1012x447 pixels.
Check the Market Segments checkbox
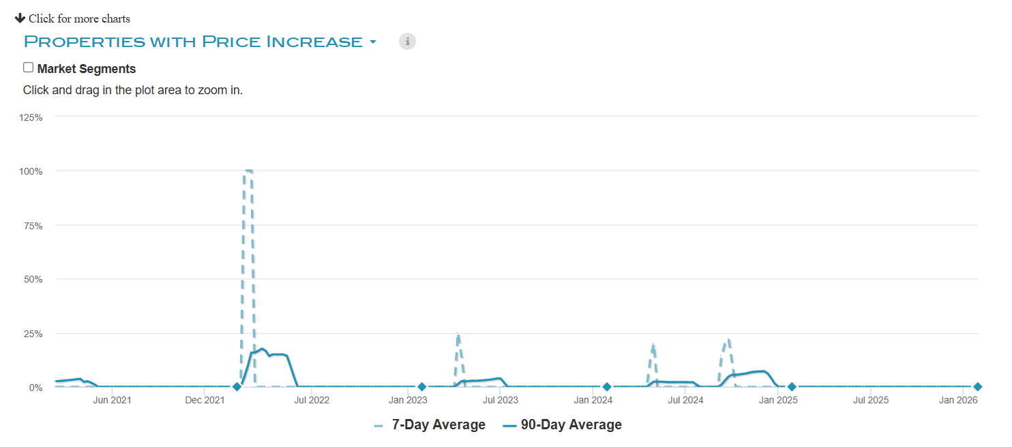[28, 68]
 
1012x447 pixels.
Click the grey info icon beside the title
[407, 42]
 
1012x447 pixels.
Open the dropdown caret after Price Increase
[373, 42]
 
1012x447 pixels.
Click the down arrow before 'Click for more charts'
[20, 18]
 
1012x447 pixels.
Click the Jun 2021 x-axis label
[112, 400]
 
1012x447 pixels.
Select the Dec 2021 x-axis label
[205, 400]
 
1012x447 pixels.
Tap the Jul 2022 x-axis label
[312, 400]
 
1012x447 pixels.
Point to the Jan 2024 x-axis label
[593, 400]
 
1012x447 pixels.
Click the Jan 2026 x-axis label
[958, 400]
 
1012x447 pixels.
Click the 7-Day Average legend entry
[430, 425]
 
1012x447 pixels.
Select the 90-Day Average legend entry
[563, 425]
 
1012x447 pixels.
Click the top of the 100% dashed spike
[248, 170]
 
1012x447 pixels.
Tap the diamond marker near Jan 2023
[422, 387]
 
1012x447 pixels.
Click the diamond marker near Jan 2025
[792, 387]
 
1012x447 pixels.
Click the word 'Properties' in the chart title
[85, 42]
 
